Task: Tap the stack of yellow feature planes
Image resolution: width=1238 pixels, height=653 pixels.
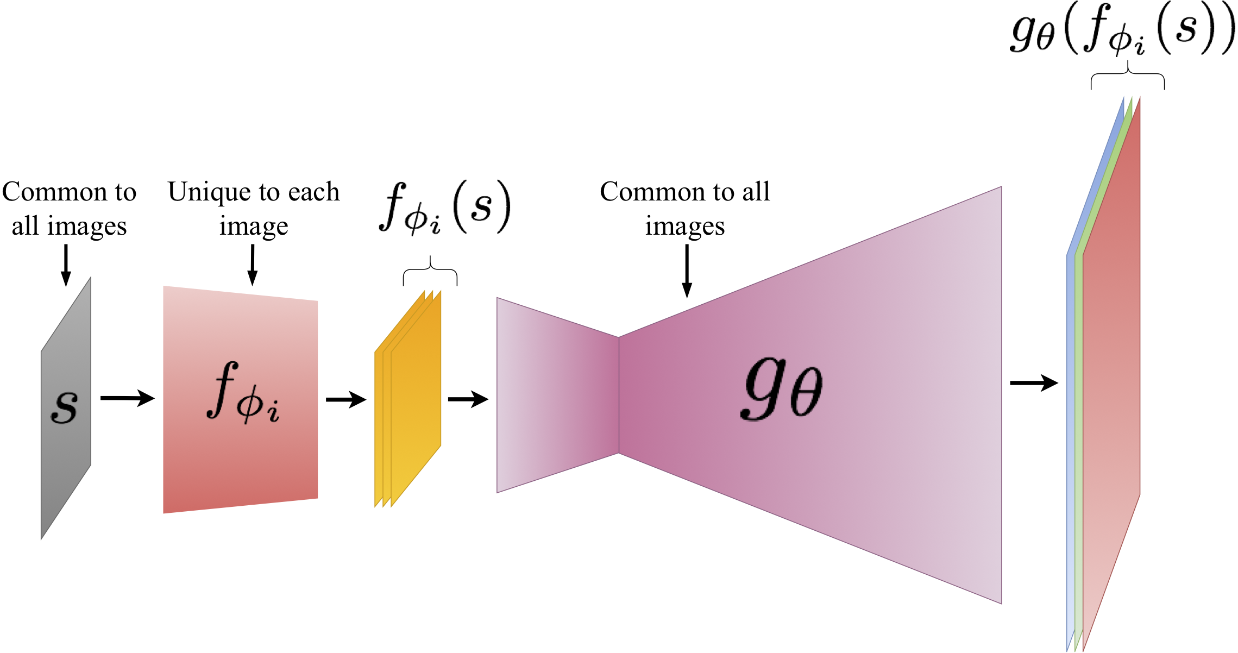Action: pos(409,399)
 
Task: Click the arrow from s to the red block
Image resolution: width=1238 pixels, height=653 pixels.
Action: pos(127,398)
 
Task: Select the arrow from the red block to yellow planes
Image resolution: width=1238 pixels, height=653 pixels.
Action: pos(346,400)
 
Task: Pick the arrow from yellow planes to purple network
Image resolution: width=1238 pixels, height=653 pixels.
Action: pos(468,399)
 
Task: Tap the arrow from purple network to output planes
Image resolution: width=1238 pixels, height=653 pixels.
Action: pos(1034,383)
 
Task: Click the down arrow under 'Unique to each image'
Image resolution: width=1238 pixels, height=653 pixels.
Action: pos(252,265)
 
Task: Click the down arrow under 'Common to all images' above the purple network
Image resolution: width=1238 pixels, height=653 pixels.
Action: pos(687,270)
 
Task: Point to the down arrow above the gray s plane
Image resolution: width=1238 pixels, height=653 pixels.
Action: pos(66,265)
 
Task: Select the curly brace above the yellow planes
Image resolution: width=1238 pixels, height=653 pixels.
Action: pos(430,271)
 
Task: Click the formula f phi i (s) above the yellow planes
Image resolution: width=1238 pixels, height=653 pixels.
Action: pos(445,208)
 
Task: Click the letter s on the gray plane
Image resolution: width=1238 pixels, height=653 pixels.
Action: pos(64,406)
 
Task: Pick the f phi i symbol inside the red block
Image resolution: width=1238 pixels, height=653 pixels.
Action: pos(243,392)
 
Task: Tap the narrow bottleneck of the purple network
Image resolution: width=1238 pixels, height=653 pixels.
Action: pos(619,395)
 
